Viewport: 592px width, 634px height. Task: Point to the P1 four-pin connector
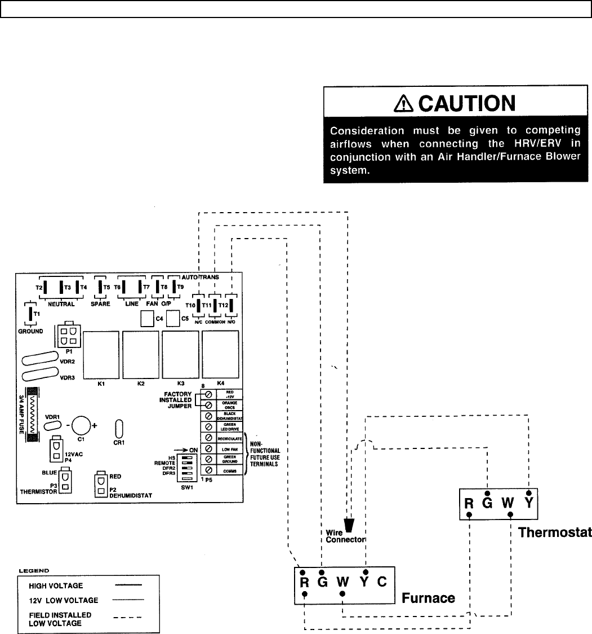click(x=68, y=337)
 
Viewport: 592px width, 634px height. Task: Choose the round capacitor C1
click(x=81, y=425)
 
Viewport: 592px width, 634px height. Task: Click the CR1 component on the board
click(x=119, y=428)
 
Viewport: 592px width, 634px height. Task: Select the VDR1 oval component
click(x=52, y=425)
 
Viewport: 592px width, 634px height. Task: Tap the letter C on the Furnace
click(x=382, y=581)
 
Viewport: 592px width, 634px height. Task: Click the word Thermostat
click(x=554, y=532)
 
